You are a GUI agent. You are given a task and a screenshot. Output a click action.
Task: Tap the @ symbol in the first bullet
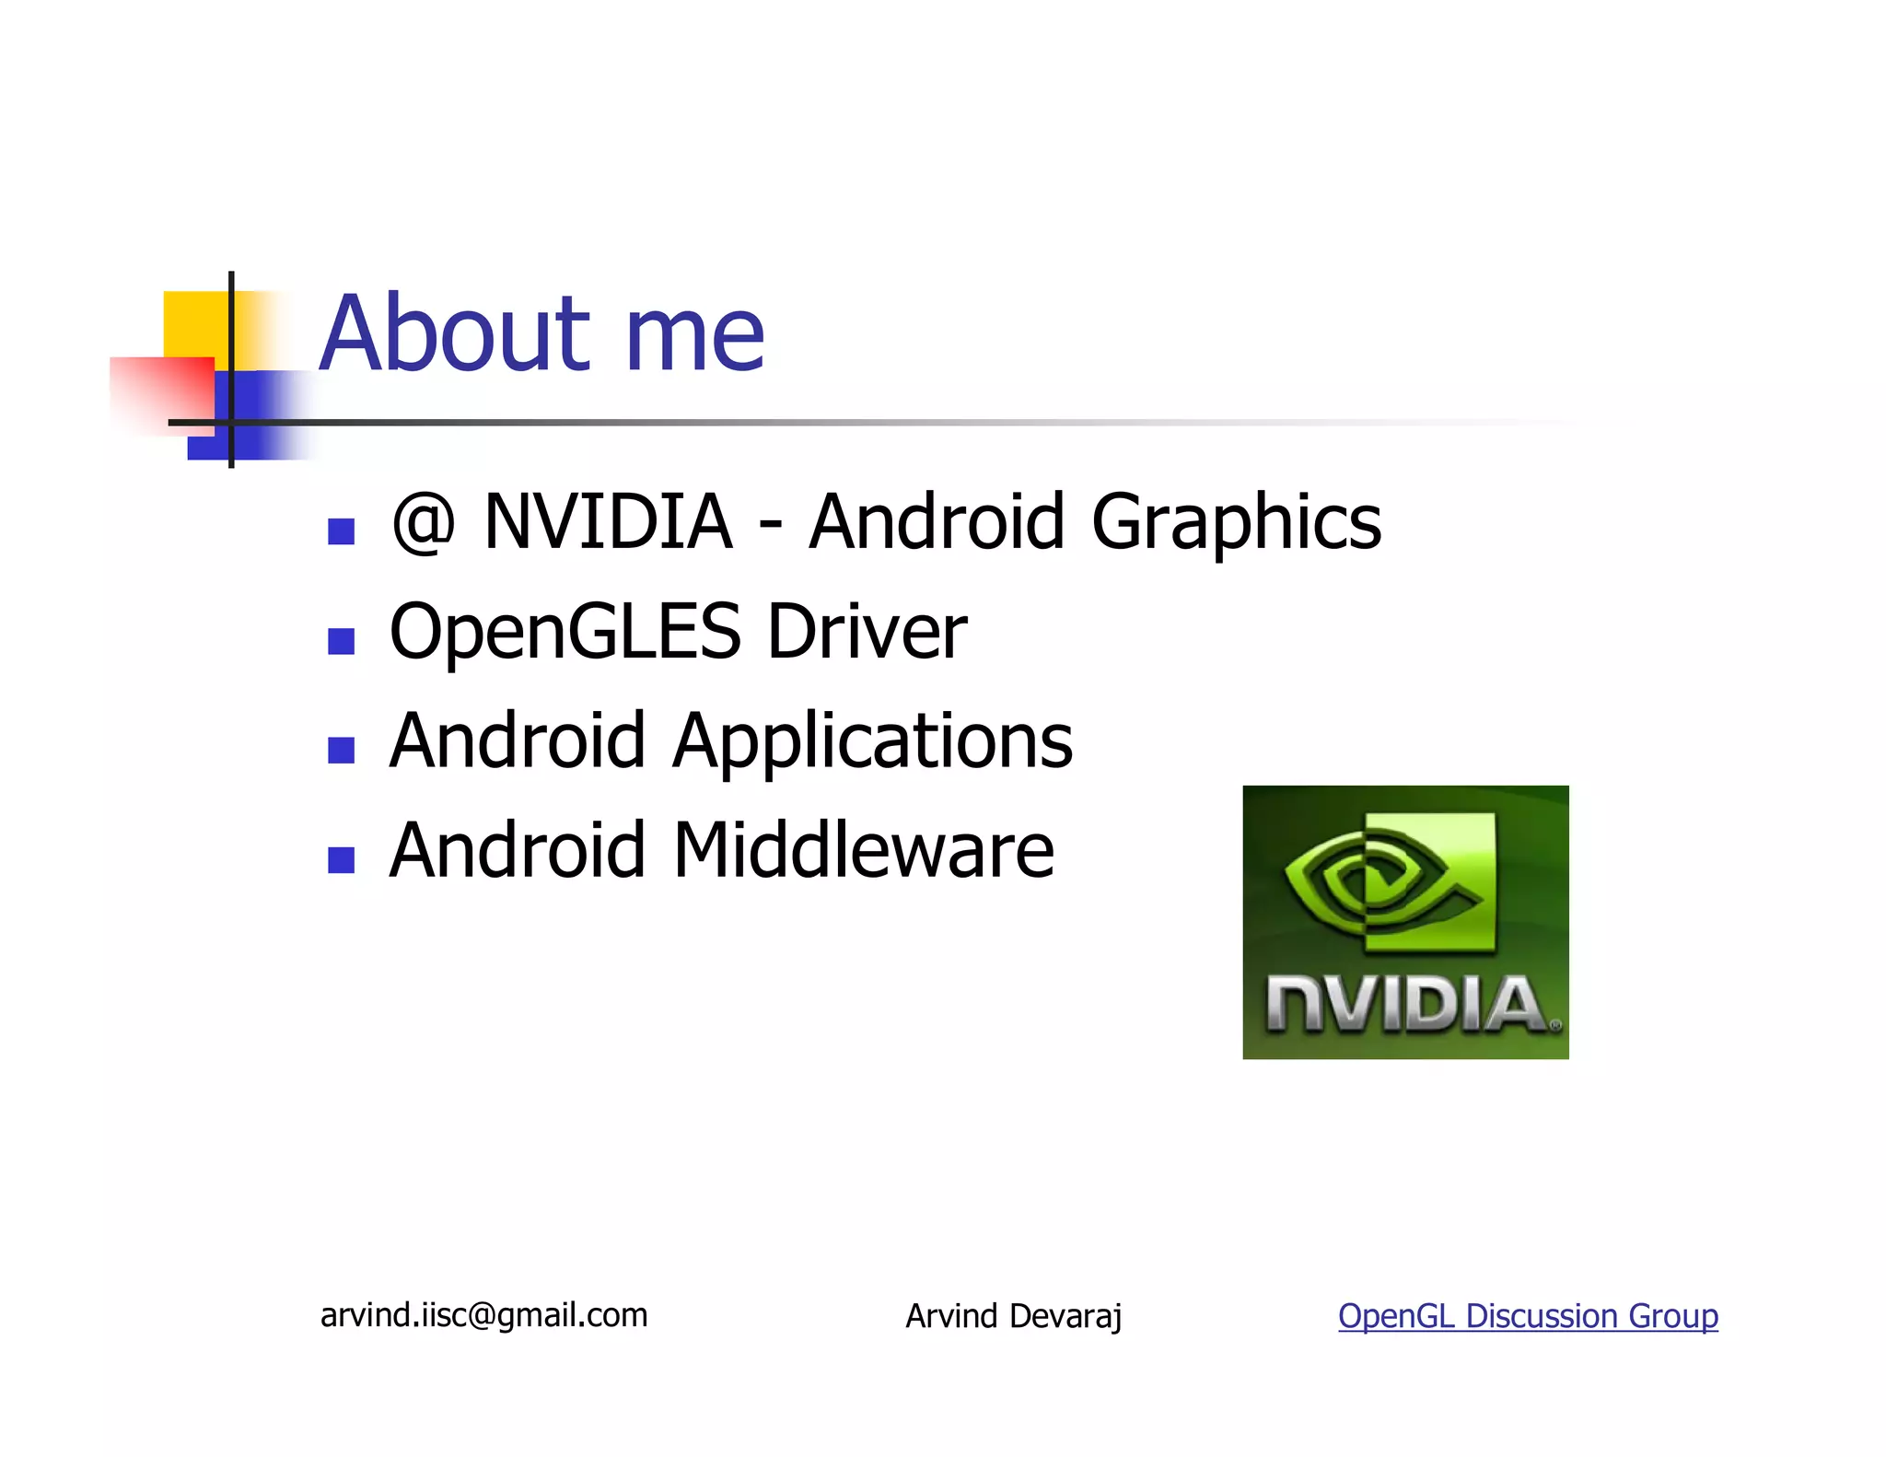(x=423, y=522)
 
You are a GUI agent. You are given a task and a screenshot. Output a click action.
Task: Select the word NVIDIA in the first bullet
(x=608, y=522)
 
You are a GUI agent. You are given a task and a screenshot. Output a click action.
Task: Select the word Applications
(x=872, y=744)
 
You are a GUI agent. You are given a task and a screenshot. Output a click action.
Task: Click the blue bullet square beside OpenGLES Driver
(x=342, y=641)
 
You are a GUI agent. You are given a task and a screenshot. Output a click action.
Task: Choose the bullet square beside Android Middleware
(x=342, y=859)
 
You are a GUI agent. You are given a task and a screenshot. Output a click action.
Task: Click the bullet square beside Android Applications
(x=342, y=751)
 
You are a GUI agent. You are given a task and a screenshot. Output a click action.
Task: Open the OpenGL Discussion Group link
(x=1528, y=1316)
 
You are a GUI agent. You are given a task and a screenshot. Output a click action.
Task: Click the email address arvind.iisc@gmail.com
(x=483, y=1315)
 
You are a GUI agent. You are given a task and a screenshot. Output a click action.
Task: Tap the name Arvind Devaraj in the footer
(x=1013, y=1316)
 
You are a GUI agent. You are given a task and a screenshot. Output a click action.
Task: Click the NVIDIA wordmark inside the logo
(x=1405, y=1005)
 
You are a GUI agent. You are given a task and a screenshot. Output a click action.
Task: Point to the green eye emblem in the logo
(x=1391, y=881)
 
